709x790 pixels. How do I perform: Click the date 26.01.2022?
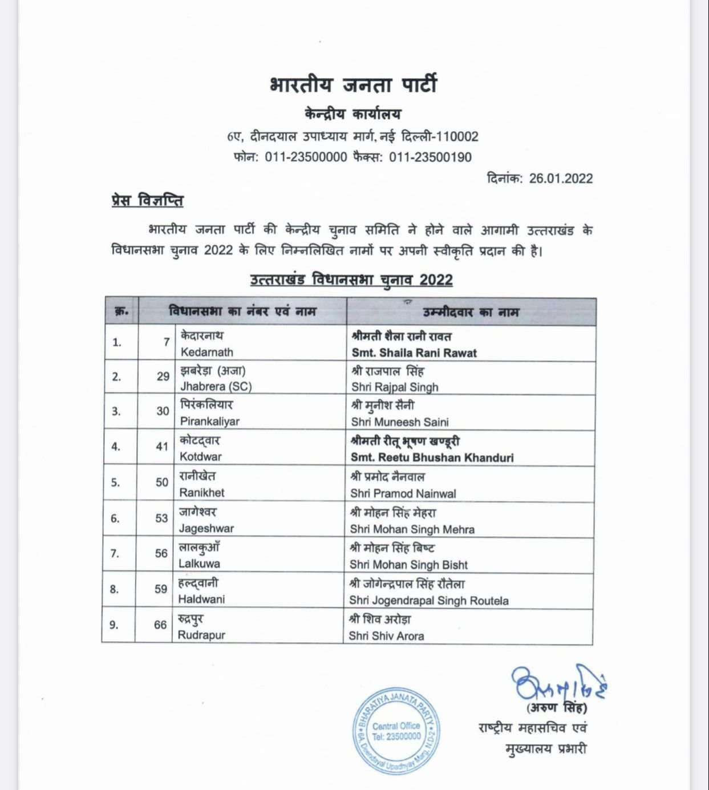pos(561,179)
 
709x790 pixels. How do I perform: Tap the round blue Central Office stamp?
pos(396,731)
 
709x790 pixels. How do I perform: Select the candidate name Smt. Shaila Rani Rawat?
pos(414,353)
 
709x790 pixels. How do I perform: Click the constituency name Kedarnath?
pos(207,352)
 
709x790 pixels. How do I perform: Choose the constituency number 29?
pos(163,376)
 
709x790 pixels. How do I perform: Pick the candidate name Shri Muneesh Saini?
pos(400,422)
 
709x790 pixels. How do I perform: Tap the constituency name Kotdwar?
pos(201,456)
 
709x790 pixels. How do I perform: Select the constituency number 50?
pos(162,483)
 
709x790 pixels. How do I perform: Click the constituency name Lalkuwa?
pos(199,564)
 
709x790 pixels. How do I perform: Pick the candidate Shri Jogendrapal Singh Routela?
pos(429,601)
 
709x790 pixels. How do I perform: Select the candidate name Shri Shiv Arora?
pos(387,636)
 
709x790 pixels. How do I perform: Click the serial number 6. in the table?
pos(115,518)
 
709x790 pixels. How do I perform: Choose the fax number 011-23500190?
pos(431,157)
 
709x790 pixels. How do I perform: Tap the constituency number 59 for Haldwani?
pos(161,589)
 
